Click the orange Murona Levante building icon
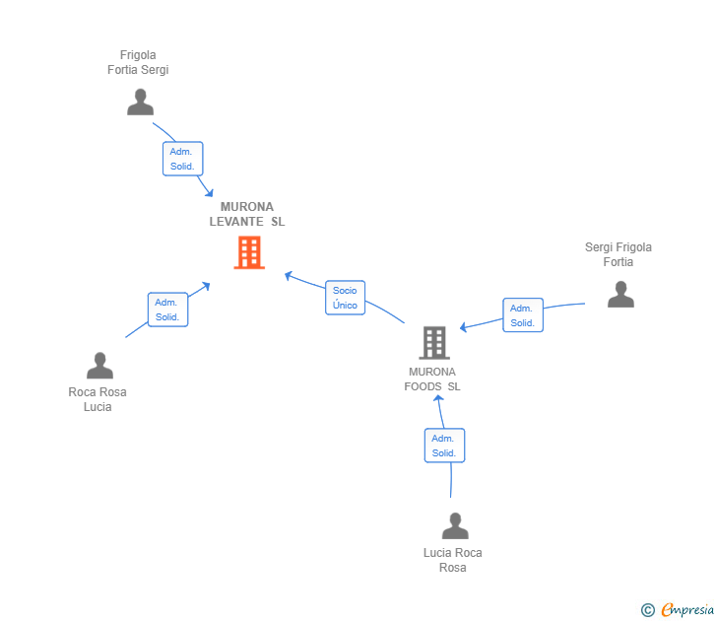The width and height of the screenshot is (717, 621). click(x=249, y=252)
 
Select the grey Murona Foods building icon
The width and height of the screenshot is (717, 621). click(x=433, y=342)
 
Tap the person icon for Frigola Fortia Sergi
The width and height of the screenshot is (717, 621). click(x=141, y=103)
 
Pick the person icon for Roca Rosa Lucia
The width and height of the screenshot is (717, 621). click(x=99, y=366)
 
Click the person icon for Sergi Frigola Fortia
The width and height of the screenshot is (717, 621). click(x=620, y=295)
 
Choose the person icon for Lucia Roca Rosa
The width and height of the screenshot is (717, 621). click(x=455, y=526)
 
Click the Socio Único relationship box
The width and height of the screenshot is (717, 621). click(x=345, y=298)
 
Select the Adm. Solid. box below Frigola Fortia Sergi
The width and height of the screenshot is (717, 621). click(x=182, y=159)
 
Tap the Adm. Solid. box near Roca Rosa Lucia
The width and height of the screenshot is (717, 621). click(x=167, y=310)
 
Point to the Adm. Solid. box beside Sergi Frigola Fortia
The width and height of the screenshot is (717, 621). click(x=523, y=315)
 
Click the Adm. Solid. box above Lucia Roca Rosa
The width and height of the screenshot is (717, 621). click(x=444, y=446)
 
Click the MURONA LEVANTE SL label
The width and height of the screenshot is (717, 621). click(x=247, y=215)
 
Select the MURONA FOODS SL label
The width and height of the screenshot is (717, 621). click(x=432, y=379)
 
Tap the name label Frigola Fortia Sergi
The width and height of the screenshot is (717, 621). click(x=138, y=62)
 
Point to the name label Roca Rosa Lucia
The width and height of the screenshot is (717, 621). click(x=98, y=399)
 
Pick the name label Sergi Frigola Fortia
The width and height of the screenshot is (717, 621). click(x=619, y=254)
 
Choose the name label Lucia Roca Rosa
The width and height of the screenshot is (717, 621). click(x=453, y=560)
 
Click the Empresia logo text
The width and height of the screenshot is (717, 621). click(x=687, y=610)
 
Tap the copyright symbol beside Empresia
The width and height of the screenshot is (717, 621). click(x=648, y=610)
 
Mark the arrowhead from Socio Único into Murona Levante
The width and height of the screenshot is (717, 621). click(x=288, y=275)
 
